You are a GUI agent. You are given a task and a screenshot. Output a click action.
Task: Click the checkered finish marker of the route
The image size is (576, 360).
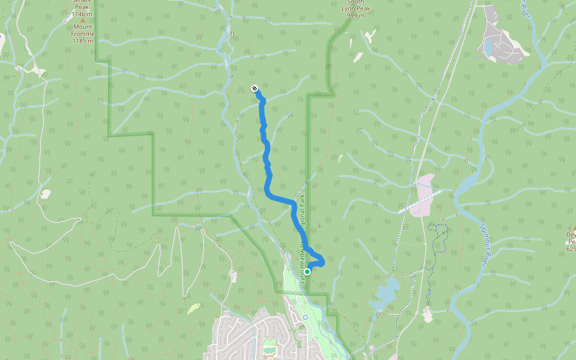[254, 89]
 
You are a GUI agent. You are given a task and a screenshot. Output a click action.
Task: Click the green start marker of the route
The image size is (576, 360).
[307, 272]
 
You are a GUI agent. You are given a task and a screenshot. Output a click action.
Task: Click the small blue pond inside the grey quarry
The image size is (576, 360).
[489, 47]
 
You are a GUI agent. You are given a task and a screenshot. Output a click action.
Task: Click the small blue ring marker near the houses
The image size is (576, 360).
[305, 317]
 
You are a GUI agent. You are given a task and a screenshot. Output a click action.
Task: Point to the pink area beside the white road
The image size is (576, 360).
[425, 195]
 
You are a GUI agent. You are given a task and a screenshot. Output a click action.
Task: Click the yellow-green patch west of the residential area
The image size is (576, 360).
[193, 308]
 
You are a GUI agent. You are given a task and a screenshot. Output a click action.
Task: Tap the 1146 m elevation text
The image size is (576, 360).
[82, 13]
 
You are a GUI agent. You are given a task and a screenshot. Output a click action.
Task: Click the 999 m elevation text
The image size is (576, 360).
[356, 15]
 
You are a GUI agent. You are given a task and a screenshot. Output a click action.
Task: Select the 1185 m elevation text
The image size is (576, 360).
[83, 41]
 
